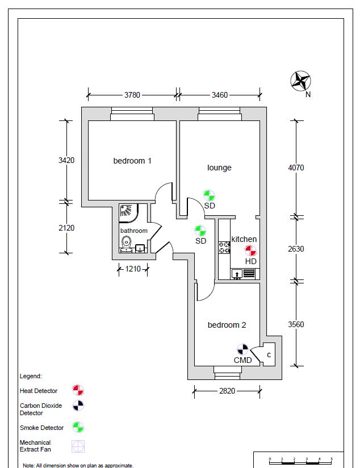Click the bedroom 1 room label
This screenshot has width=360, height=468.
pyautogui.click(x=132, y=161)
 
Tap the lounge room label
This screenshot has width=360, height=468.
pyautogui.click(x=219, y=168)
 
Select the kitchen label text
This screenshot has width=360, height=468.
pyautogui.click(x=244, y=239)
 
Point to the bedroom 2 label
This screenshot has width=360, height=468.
pyautogui.click(x=227, y=325)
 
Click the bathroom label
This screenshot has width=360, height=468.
pyautogui.click(x=134, y=231)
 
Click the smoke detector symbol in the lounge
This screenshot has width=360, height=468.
pyautogui.click(x=209, y=196)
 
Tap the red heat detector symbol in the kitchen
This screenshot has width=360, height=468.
pyautogui.click(x=250, y=250)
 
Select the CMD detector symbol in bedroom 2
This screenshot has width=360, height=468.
pyautogui.click(x=242, y=349)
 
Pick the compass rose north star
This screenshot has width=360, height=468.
pyautogui.click(x=300, y=81)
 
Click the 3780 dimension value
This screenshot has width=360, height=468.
pyautogui.click(x=132, y=95)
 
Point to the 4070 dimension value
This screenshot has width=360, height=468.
pyautogui.click(x=296, y=168)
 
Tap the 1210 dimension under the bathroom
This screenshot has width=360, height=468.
pyautogui.click(x=133, y=269)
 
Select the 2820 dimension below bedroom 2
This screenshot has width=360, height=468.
pyautogui.click(x=227, y=391)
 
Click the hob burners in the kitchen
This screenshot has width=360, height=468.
pyautogui.click(x=224, y=248)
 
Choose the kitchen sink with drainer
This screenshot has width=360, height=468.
pyautogui.click(x=243, y=274)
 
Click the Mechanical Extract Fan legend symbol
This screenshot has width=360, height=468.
pyautogui.click(x=78, y=446)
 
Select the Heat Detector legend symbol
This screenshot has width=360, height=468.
pyautogui.click(x=78, y=390)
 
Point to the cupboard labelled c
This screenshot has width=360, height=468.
pyautogui.click(x=269, y=354)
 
